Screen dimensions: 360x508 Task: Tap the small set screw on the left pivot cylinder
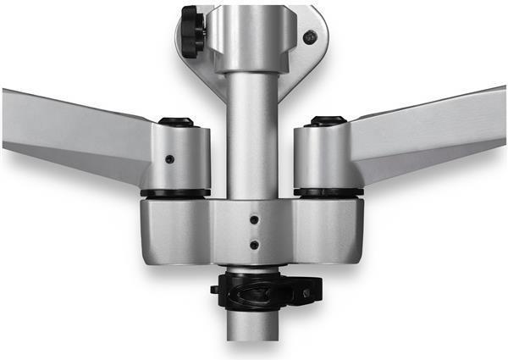pos(170,159)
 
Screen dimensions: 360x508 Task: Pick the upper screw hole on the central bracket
pos(254,219)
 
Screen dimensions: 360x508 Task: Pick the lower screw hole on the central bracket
pos(254,245)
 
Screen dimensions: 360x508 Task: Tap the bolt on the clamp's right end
pos(306,295)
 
